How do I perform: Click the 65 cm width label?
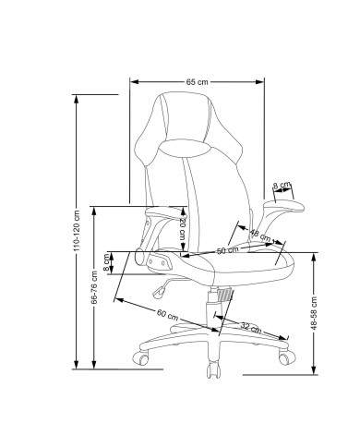(x=197, y=82)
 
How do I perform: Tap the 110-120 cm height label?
(x=77, y=231)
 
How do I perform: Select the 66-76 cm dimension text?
(x=94, y=287)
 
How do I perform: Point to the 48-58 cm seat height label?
(x=314, y=313)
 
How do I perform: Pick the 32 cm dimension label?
(x=250, y=328)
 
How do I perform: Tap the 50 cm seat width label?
(x=228, y=250)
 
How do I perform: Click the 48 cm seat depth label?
(x=260, y=236)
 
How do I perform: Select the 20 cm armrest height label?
(x=183, y=229)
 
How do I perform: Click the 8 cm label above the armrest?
(x=282, y=186)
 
